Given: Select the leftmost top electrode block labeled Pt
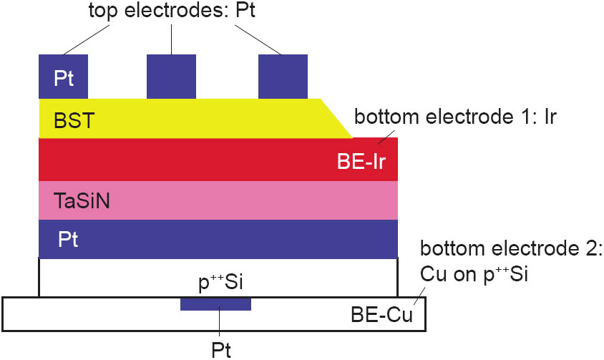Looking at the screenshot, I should pyautogui.click(x=63, y=77).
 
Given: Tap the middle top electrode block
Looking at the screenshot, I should pyautogui.click(x=171, y=77).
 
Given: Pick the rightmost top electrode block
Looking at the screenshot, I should pyautogui.click(x=283, y=77).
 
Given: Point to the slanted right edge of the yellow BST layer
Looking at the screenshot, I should pyautogui.click(x=336, y=118).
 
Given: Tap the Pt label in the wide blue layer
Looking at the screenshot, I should pyautogui.click(x=68, y=239).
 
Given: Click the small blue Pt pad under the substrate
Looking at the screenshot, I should pyautogui.click(x=215, y=305).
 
